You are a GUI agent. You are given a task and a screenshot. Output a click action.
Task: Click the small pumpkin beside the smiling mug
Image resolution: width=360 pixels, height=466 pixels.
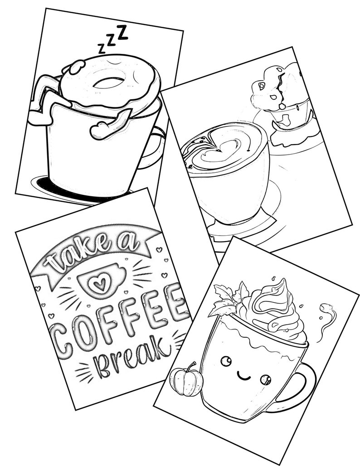tap(186, 381)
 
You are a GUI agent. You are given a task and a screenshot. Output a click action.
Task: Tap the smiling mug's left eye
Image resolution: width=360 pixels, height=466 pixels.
tap(225, 361)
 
